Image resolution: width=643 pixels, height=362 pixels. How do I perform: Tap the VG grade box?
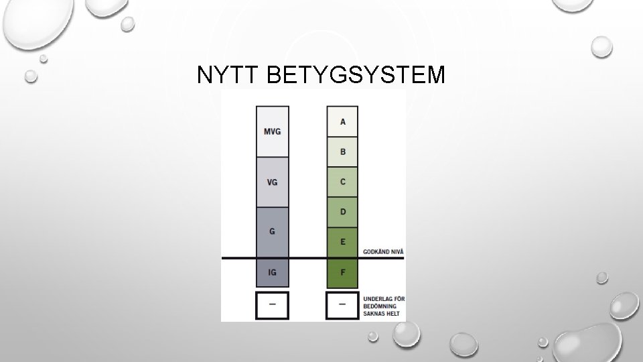[x=273, y=182]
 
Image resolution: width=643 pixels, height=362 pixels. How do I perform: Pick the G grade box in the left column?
[x=273, y=232]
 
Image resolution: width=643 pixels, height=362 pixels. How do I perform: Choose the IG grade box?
[x=273, y=273]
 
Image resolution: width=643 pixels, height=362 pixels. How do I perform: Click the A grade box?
[x=342, y=121]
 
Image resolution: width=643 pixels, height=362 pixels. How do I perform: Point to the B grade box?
[x=342, y=152]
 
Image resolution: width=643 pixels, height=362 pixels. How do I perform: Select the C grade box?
[x=342, y=182]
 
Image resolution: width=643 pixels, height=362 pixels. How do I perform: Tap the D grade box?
[x=342, y=212]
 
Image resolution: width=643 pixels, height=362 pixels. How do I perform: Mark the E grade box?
[x=342, y=242]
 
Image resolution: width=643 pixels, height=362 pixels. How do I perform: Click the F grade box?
[x=342, y=273]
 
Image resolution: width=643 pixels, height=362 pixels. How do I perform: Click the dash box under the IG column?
[x=273, y=305]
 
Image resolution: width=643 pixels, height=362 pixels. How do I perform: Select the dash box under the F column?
[x=342, y=305]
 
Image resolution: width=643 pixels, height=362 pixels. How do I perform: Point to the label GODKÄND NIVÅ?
[x=383, y=251]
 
